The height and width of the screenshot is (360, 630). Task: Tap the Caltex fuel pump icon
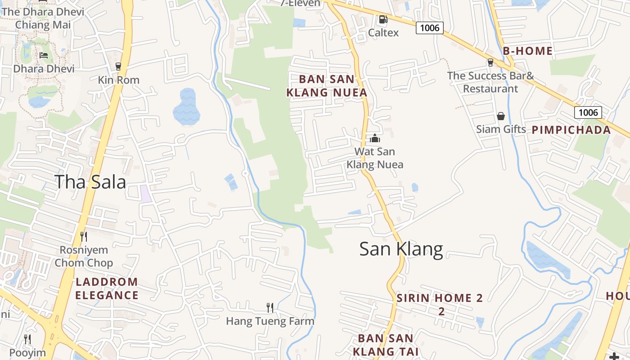[x=383, y=19]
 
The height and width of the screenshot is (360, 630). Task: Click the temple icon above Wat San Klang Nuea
[x=375, y=138]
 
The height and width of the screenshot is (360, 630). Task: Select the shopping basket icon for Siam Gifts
[x=501, y=116]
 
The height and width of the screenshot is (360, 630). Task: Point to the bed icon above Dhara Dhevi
[x=44, y=55]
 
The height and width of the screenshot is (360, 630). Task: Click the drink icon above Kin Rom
[x=119, y=67]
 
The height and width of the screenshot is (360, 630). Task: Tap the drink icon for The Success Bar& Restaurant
[x=490, y=63]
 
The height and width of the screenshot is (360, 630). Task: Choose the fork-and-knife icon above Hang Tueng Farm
[x=270, y=308]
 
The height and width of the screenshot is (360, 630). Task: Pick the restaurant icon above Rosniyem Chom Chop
[x=83, y=236]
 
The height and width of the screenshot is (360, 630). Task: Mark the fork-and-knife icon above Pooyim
[x=28, y=339]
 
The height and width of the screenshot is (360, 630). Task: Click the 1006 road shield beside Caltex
[x=429, y=28]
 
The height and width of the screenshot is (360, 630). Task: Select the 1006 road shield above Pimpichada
[x=588, y=112]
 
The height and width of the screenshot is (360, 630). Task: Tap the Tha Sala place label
[x=90, y=182]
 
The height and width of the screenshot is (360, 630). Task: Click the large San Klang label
[x=401, y=249]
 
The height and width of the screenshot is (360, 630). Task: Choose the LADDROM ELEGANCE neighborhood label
[x=107, y=288]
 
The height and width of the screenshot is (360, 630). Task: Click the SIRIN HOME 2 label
[x=440, y=298]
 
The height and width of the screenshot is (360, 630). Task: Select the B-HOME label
[x=527, y=51]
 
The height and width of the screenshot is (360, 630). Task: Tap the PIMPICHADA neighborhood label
[x=571, y=130]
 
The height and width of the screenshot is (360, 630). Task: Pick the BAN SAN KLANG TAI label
[x=386, y=345]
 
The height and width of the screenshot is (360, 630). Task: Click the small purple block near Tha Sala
[x=145, y=193]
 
